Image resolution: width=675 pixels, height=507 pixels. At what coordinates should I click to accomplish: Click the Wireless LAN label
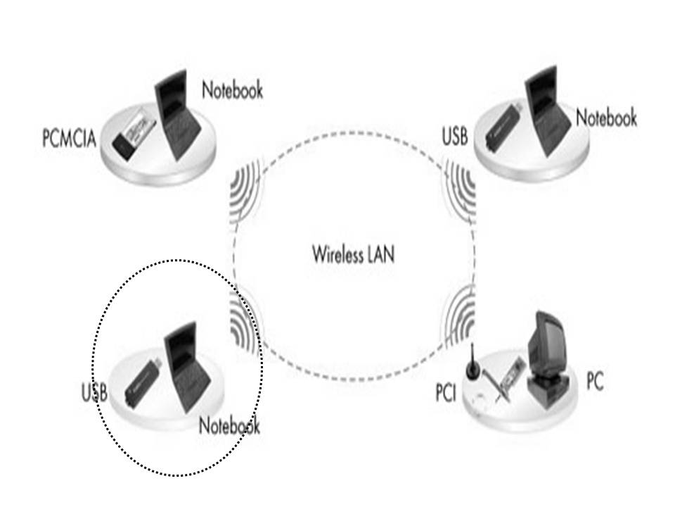coord(353,254)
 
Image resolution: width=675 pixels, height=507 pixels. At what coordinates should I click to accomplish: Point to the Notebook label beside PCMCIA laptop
coord(232,90)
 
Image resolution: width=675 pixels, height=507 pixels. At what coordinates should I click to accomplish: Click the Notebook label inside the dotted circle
coord(229,426)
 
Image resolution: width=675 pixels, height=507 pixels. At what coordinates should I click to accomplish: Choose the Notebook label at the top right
coord(606,118)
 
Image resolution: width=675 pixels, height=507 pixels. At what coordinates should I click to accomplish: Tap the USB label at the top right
coord(455,136)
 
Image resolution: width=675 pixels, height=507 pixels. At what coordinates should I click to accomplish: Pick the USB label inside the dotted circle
coord(94,392)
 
